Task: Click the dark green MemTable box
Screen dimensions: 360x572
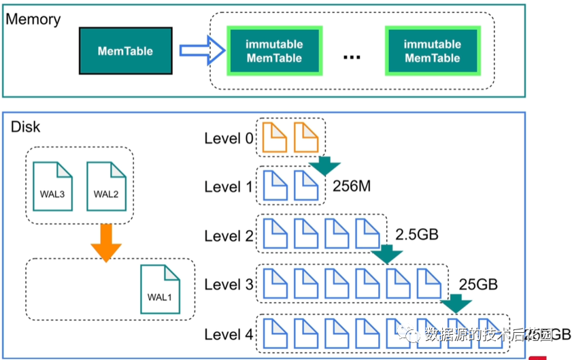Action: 125,51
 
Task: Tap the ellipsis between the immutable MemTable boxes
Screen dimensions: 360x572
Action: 351,56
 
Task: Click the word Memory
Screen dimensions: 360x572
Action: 33,18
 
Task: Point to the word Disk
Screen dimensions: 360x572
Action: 25,127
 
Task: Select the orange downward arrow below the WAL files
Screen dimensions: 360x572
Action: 106,241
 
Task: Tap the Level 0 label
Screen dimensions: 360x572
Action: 229,139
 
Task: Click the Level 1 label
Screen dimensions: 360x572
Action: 229,187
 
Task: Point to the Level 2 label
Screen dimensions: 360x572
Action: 229,236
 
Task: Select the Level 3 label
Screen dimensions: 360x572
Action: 229,285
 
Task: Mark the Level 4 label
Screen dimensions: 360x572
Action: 229,335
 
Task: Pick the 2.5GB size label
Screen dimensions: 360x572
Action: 416,235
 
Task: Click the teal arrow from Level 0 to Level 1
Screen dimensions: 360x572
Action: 324,165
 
